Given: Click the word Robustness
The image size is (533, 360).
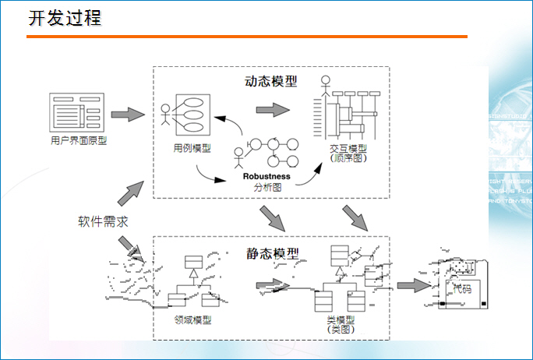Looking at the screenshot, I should coord(266,176).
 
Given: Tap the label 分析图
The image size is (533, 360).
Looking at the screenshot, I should coord(267,188).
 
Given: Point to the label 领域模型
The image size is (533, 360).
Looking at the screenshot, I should coord(193,319).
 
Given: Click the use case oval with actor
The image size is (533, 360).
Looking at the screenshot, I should coord(188,112).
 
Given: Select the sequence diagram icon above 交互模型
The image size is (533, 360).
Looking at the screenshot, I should coord(346,109).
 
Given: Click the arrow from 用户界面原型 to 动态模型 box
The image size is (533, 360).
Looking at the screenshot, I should coord(128,115).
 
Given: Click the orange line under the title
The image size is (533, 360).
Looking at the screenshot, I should coord(247,37).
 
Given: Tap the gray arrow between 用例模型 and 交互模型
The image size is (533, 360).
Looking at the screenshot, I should coord(271,109).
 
